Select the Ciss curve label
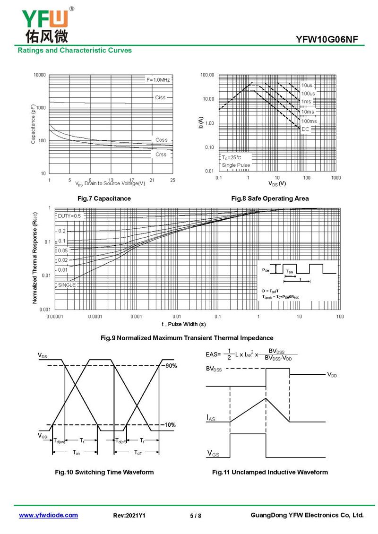[160, 97]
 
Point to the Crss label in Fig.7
[161, 155]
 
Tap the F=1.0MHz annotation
[158, 80]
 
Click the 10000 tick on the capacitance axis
[40, 75]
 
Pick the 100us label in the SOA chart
[308, 93]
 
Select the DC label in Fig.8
[305, 129]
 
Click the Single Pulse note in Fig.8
[236, 165]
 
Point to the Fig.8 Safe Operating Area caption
[270, 198]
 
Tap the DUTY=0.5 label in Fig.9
[69, 216]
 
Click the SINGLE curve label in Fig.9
[67, 285]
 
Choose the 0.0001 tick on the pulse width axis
[95, 316]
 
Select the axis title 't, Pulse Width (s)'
[184, 324]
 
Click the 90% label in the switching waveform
[171, 366]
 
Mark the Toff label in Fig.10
[137, 453]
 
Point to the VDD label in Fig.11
[332, 375]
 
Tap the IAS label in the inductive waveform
[211, 418]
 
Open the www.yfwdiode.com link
[48, 515]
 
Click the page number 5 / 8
[196, 516]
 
